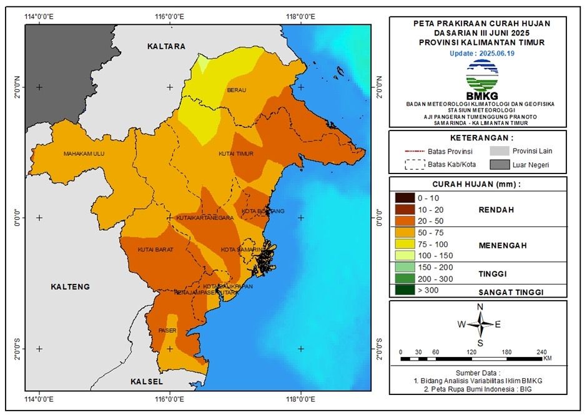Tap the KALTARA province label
click(167, 47)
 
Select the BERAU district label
click(237, 90)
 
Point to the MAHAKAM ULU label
click(83, 154)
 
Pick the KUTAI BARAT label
click(155, 250)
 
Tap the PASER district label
click(167, 330)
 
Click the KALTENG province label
click(70, 286)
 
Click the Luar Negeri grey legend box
click(499, 165)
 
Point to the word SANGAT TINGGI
click(510, 292)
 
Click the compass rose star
click(480, 324)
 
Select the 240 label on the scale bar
click(541, 351)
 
